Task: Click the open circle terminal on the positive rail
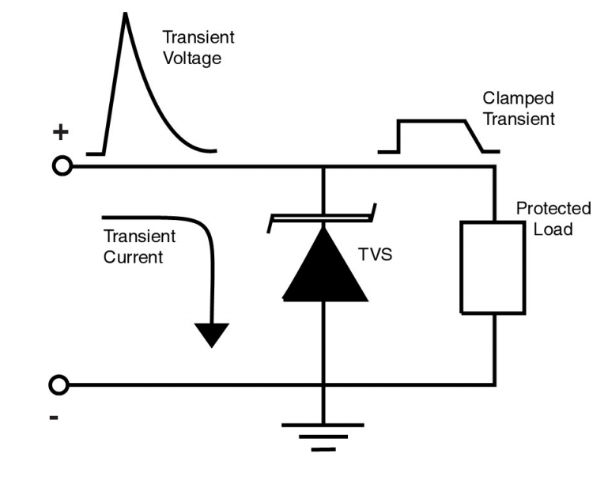[x=62, y=166]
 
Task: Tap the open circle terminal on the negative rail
[x=58, y=385]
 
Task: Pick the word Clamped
[x=518, y=98]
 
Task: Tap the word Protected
[x=553, y=209]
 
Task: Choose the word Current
[x=133, y=257]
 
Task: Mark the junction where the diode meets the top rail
[x=324, y=167]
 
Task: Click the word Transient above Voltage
[x=198, y=37]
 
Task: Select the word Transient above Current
[x=140, y=237]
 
